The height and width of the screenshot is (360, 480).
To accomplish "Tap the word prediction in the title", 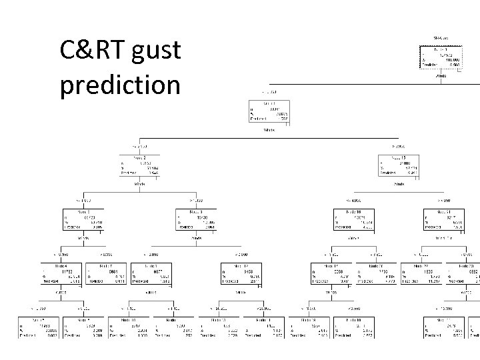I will point(120,85).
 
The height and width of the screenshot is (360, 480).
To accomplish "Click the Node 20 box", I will point(377,274).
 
